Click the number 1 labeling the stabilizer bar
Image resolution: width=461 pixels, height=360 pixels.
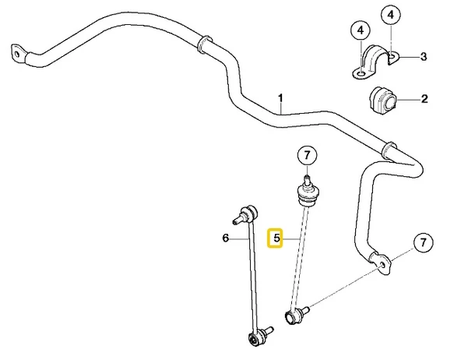281,99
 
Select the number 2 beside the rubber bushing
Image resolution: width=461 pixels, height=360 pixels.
424,99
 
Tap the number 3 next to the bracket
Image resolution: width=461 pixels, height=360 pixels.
424,56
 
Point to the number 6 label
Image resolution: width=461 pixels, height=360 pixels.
226,238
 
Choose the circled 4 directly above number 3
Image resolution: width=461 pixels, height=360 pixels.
391,15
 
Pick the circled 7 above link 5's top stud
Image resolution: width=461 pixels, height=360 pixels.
307,155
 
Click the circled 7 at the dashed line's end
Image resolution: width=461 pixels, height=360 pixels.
423,242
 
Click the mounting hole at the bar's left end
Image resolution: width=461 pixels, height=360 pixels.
17,55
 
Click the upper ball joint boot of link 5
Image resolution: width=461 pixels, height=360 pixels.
307,195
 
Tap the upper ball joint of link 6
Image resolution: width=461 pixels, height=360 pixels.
246,215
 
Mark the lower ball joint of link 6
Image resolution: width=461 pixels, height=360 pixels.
259,336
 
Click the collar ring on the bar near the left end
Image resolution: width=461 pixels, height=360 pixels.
204,45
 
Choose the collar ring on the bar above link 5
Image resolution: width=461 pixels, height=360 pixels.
389,150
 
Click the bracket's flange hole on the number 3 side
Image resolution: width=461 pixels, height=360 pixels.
392,55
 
